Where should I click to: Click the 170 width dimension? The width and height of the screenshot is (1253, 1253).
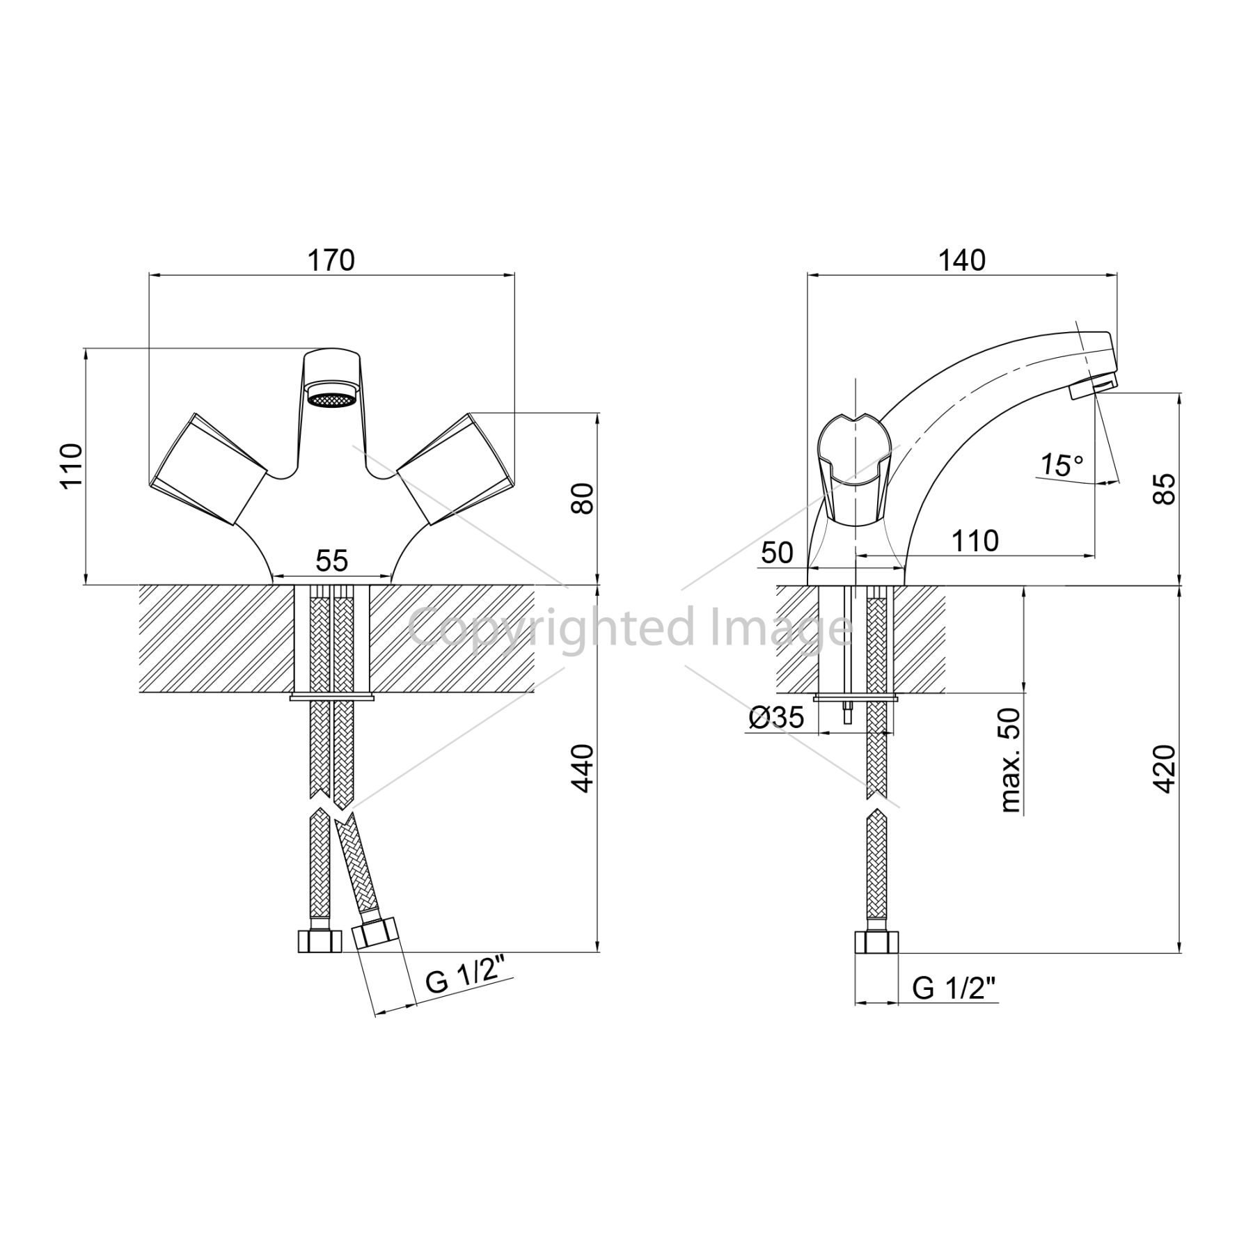(331, 260)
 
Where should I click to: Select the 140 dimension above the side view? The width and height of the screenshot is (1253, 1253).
(962, 260)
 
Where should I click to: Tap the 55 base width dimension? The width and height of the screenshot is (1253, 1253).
(331, 560)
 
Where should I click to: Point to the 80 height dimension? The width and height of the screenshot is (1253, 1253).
(583, 498)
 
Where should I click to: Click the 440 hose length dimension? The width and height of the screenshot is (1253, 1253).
(583, 768)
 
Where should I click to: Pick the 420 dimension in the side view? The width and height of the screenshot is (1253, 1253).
(1164, 769)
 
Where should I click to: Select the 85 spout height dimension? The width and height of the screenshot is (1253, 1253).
(1164, 489)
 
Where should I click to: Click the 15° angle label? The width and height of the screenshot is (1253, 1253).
(1062, 465)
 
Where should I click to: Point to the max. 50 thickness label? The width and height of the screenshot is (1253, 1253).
(1010, 760)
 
